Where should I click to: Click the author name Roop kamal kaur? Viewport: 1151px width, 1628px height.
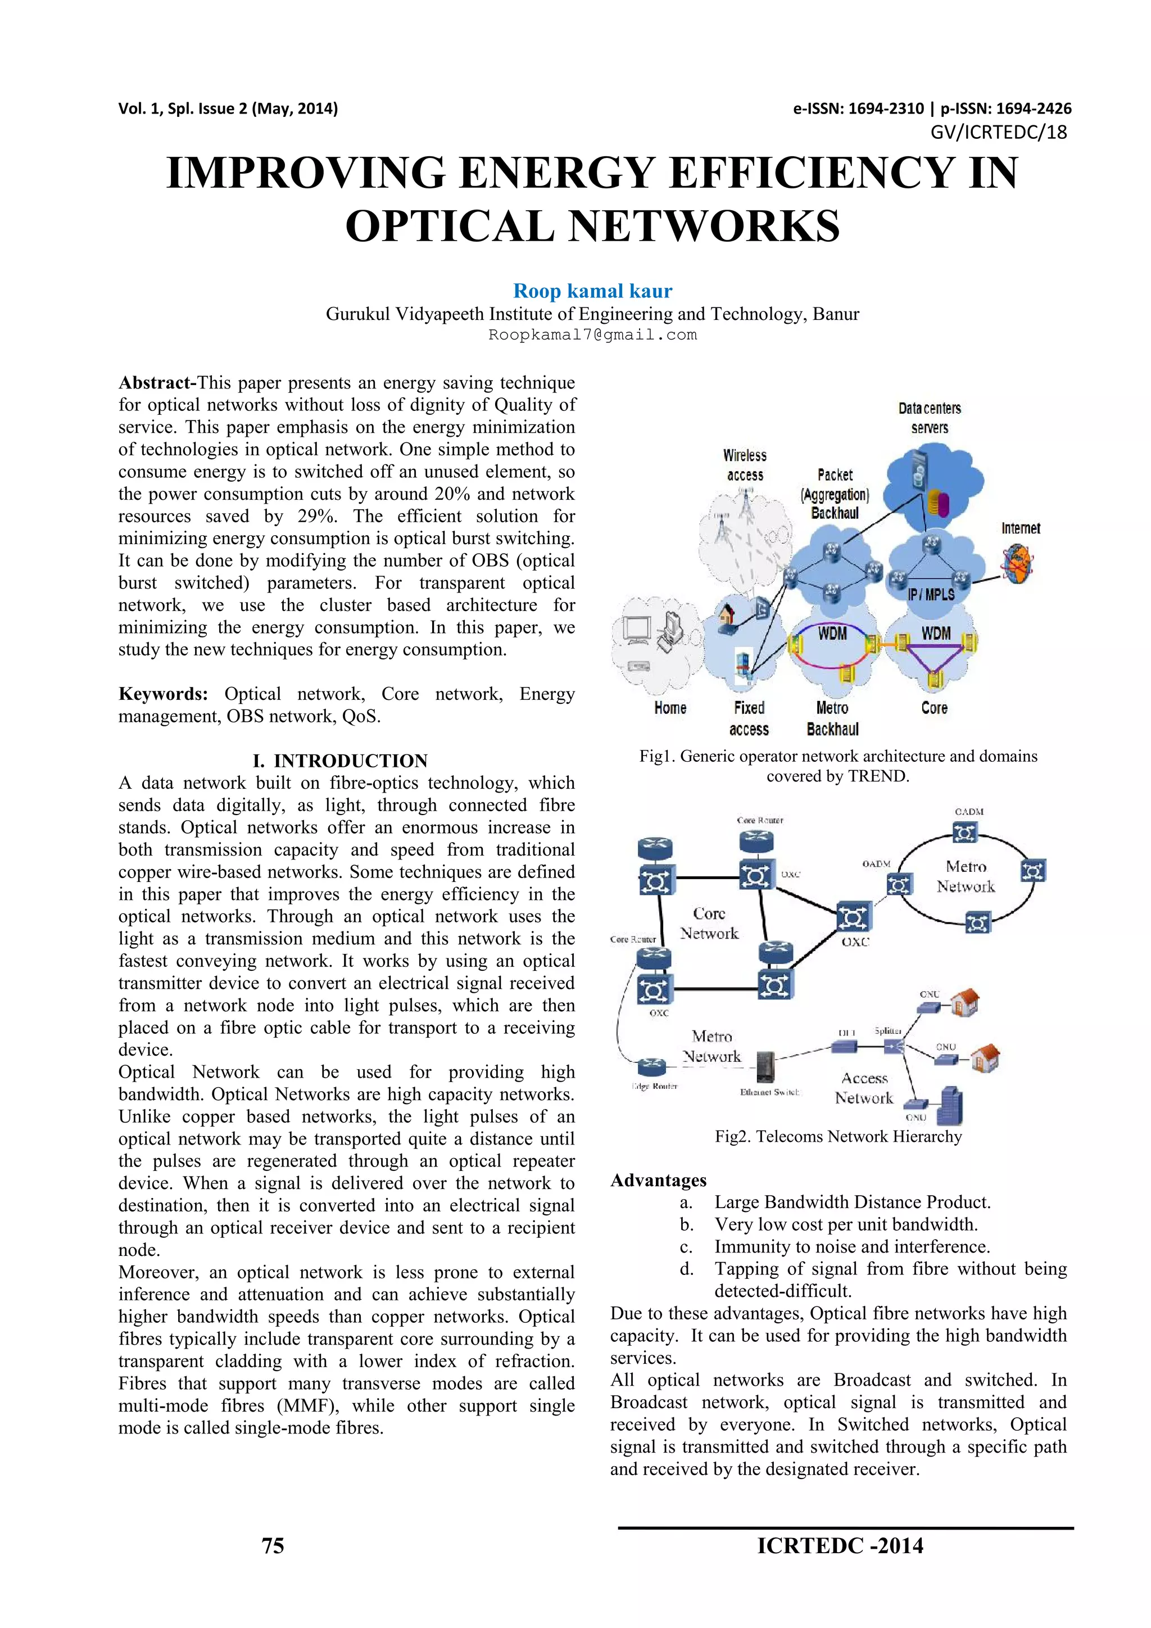click(x=592, y=291)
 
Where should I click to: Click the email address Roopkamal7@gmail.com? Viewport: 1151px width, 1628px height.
click(x=592, y=334)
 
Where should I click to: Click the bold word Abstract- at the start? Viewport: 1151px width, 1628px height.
click(x=157, y=383)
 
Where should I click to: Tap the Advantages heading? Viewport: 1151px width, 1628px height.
click(x=659, y=1180)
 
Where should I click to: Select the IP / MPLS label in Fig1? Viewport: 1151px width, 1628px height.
click(x=931, y=594)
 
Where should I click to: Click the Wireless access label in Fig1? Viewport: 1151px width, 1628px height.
click(x=745, y=465)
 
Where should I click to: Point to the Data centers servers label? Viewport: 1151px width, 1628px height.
click(x=929, y=418)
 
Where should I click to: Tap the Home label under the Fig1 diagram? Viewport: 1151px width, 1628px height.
click(x=670, y=708)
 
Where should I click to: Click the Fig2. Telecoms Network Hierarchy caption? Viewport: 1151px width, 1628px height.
click(x=838, y=1137)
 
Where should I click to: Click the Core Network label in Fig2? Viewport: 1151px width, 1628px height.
click(x=709, y=923)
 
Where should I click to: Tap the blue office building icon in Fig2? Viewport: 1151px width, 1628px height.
click(x=950, y=1106)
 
